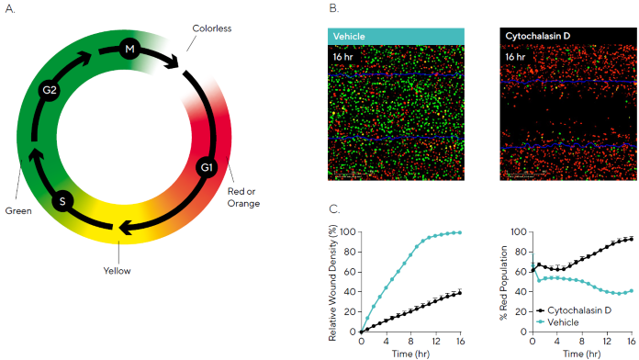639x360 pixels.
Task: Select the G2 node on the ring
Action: click(50, 90)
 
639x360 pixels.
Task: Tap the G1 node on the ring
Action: click(207, 167)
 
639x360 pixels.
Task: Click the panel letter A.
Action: click(8, 9)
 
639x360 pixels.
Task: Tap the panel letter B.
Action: click(333, 9)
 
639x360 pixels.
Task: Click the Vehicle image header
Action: click(350, 36)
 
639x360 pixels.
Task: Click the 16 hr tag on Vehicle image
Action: click(345, 56)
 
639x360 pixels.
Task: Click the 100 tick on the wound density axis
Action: click(349, 231)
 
